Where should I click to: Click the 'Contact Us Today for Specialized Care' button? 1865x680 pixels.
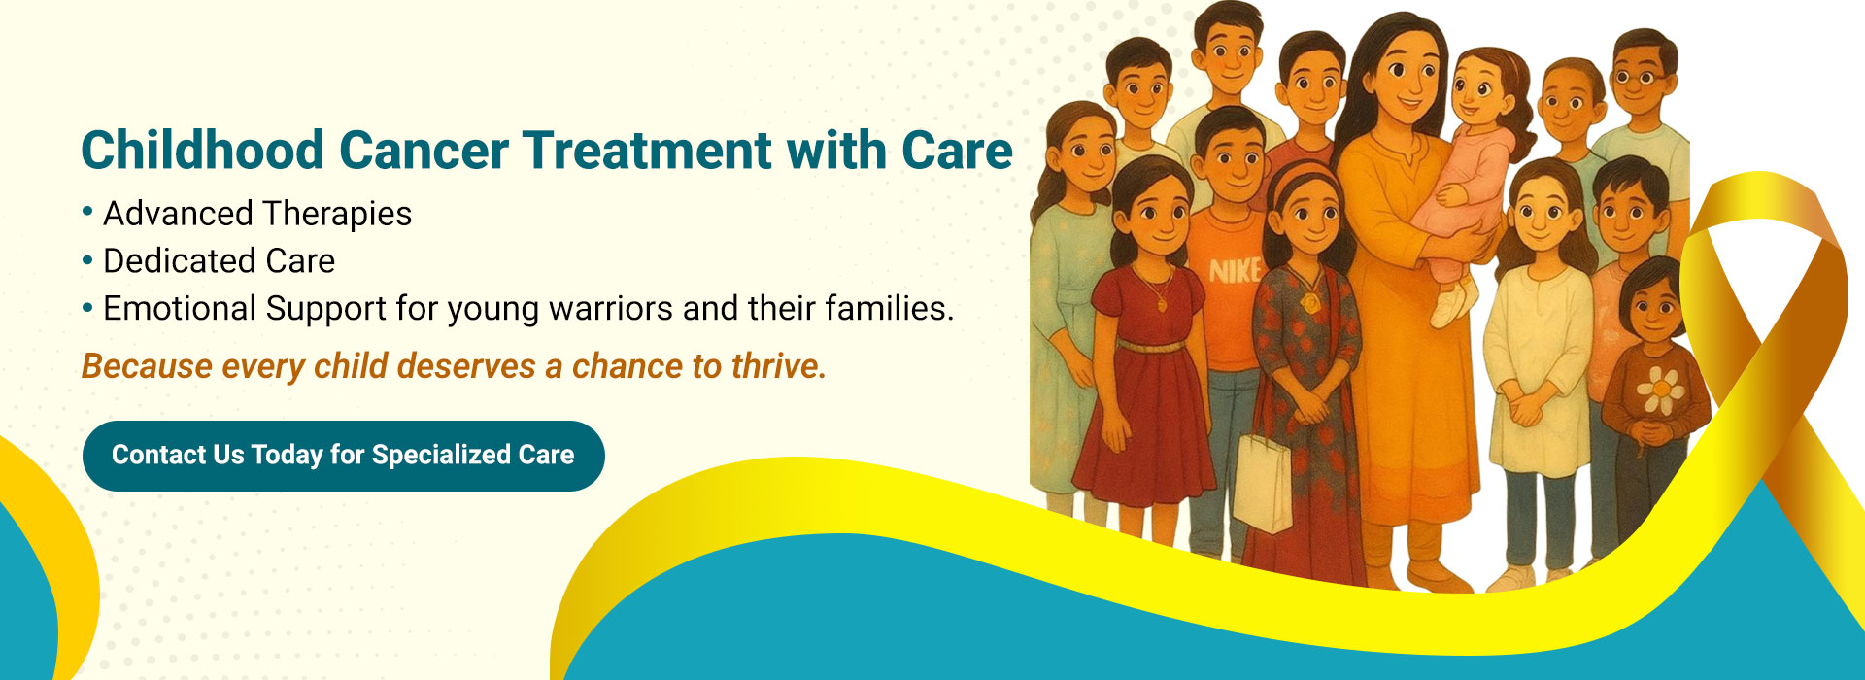[343, 456]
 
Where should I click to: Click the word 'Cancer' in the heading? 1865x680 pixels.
[424, 151]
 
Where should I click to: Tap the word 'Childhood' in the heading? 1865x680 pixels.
[202, 151]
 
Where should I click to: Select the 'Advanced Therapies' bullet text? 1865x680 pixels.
[257, 214]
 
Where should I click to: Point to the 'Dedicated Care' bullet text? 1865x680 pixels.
[219, 261]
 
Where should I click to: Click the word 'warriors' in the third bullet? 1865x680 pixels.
[611, 309]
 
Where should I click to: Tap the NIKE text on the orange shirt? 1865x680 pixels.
[1234, 271]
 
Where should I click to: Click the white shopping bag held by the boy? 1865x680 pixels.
[1262, 484]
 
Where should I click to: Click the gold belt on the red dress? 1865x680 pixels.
[1151, 346]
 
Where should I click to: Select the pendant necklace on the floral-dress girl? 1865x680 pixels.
[1311, 303]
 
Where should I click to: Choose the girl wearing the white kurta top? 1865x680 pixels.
[1540, 359]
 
